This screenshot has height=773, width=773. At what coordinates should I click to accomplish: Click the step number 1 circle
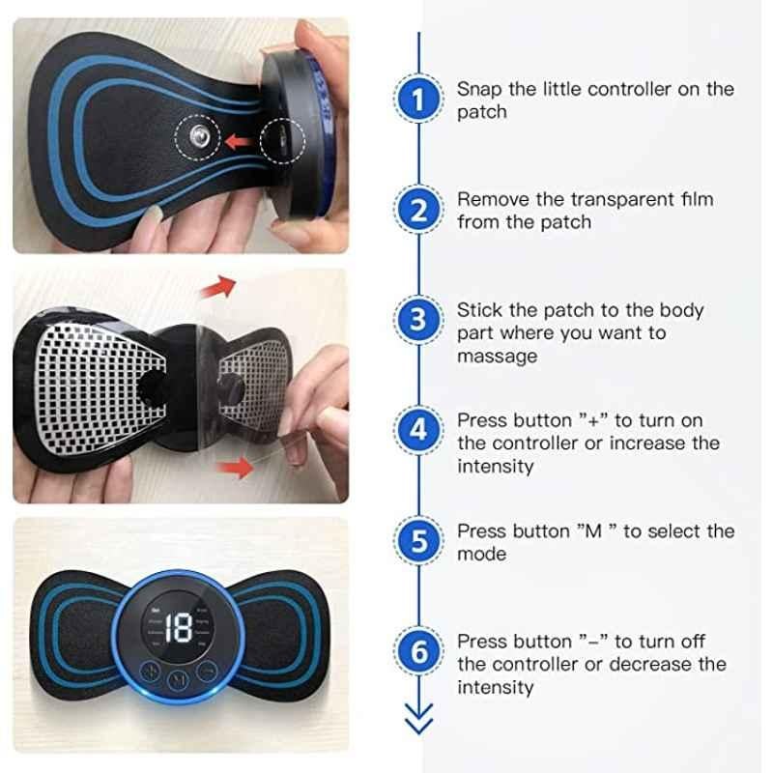point(418,99)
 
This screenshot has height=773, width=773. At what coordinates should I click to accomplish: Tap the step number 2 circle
point(418,210)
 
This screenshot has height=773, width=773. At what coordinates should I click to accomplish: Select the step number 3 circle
point(418,320)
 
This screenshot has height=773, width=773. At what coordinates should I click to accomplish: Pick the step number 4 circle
point(418,430)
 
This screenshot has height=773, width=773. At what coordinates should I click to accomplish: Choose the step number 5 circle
point(418,540)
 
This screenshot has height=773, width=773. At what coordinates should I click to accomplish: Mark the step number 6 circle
point(418,650)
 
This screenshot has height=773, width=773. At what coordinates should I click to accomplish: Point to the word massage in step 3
point(497,357)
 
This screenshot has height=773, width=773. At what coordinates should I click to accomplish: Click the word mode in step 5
point(481,554)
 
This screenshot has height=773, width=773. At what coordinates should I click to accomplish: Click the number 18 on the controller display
point(178,627)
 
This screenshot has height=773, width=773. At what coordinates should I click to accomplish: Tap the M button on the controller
point(179,680)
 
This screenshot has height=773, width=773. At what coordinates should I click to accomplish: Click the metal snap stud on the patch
point(198,136)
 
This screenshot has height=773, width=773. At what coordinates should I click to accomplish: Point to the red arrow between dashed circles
point(240,141)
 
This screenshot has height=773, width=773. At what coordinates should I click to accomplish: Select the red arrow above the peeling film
point(218,287)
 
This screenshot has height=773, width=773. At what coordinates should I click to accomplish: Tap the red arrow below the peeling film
point(235,467)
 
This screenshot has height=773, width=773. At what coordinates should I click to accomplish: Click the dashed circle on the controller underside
point(282,140)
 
